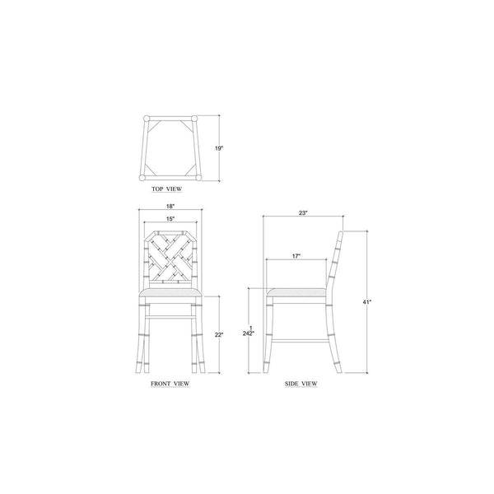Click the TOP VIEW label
[166, 189]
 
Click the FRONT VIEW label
[170, 384]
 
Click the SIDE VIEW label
[301, 384]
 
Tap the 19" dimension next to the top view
[219, 148]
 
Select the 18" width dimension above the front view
[170, 207]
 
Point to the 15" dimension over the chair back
[170, 219]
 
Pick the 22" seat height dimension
[219, 335]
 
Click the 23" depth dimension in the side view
[303, 213]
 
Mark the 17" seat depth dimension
[296, 256]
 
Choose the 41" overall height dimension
[367, 302]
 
